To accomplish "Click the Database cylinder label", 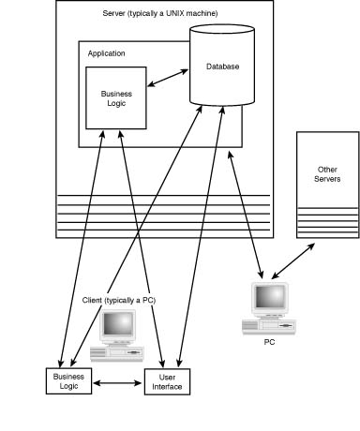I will click(x=223, y=67).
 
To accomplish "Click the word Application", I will click(x=107, y=53).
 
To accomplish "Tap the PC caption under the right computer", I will click(x=269, y=342).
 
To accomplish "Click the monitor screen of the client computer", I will click(x=119, y=324).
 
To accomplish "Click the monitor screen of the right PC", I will click(x=271, y=298).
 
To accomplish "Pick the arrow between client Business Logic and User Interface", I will click(x=116, y=381).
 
